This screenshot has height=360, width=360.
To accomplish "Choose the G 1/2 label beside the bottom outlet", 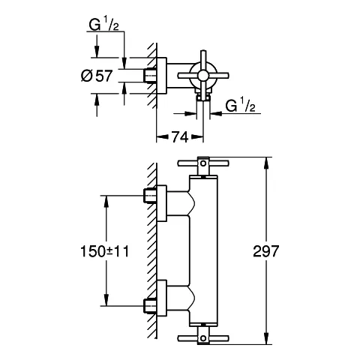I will [x=241, y=106].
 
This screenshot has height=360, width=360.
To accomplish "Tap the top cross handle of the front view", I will [x=202, y=163].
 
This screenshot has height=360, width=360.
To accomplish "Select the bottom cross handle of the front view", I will [x=202, y=337].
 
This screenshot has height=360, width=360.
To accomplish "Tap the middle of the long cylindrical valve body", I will [x=202, y=251].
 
